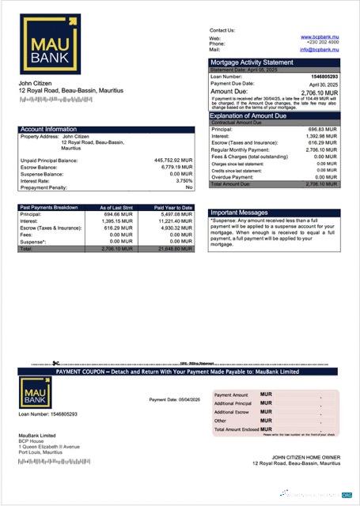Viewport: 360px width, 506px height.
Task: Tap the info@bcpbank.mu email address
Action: tap(318, 50)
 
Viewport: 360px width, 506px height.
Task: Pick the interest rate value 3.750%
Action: tap(184, 180)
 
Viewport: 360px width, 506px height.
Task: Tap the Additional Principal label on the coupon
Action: tap(233, 402)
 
